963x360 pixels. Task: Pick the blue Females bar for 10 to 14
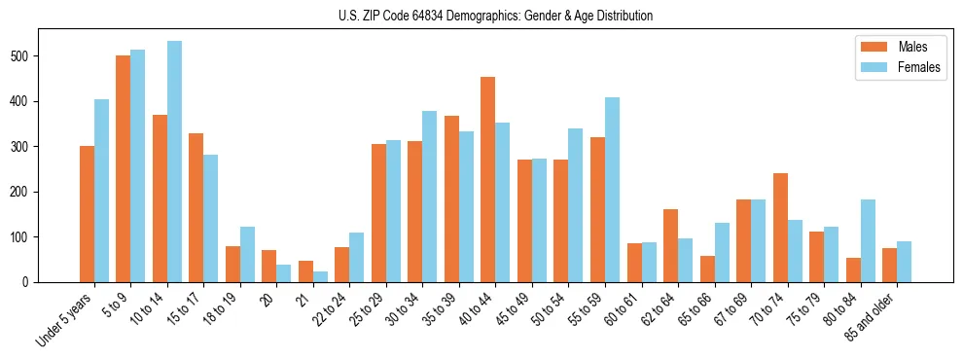174,162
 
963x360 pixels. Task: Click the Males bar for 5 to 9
124,169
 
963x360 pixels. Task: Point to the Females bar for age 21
320,276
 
